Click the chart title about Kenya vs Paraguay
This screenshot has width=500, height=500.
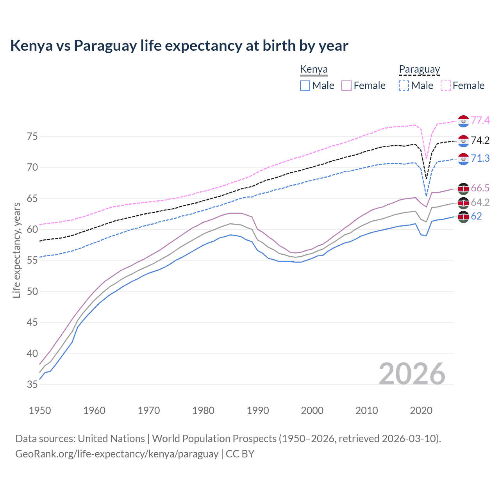[x=179, y=46]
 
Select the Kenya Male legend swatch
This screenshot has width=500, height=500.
[x=305, y=86]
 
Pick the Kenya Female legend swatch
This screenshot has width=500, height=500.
[x=346, y=86]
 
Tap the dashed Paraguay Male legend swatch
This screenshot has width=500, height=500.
[x=404, y=86]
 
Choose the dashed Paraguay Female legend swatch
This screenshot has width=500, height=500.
[x=446, y=86]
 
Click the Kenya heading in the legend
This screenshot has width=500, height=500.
[x=314, y=70]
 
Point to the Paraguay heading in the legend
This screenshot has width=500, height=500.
[x=419, y=70]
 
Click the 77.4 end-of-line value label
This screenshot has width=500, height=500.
[x=480, y=120]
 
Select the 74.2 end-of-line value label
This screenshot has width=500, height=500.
[x=480, y=140]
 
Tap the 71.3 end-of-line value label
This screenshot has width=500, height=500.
[x=480, y=158]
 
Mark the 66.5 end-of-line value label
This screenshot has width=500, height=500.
[x=480, y=188]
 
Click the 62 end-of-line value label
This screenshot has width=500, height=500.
[x=476, y=216]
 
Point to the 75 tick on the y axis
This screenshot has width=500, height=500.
[x=32, y=136]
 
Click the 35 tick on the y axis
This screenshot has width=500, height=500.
[x=32, y=384]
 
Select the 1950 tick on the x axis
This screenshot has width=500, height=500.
[x=40, y=411]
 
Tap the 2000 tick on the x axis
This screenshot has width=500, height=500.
[x=312, y=411]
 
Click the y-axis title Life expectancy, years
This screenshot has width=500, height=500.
[x=16, y=250]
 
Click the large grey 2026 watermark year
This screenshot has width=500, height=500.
[x=412, y=374]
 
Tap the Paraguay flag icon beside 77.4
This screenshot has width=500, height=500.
[x=463, y=121]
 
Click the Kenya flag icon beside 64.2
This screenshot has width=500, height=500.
[x=463, y=203]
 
